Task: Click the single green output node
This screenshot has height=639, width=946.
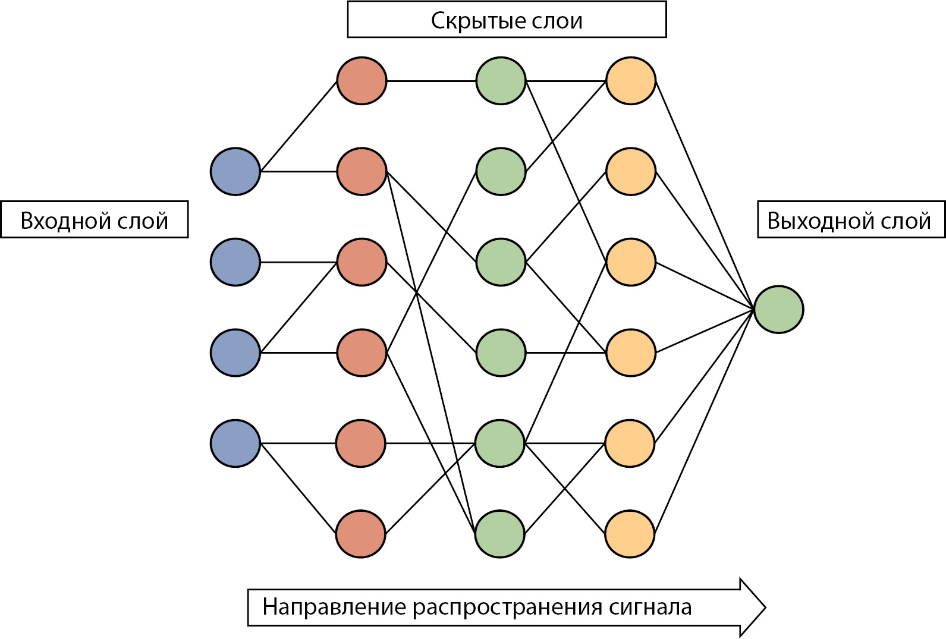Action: pos(778,309)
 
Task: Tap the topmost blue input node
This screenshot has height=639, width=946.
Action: pos(235,171)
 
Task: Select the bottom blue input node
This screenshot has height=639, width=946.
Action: pos(235,443)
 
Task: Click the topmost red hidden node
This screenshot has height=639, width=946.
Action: pos(362,81)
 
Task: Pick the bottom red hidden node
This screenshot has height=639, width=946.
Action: pos(360,534)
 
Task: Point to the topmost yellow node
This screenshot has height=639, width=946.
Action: pos(630,81)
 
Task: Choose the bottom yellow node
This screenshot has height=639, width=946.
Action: pos(630,534)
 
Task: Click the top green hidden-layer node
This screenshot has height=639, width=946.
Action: pos(501,81)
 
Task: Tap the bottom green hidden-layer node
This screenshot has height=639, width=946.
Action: pos(499,534)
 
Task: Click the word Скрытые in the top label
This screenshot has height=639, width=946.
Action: pos(470,21)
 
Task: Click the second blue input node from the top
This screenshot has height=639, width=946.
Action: pos(235,262)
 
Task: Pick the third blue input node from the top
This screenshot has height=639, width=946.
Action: pos(235,352)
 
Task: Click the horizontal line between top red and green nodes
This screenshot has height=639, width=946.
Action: pos(431,81)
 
